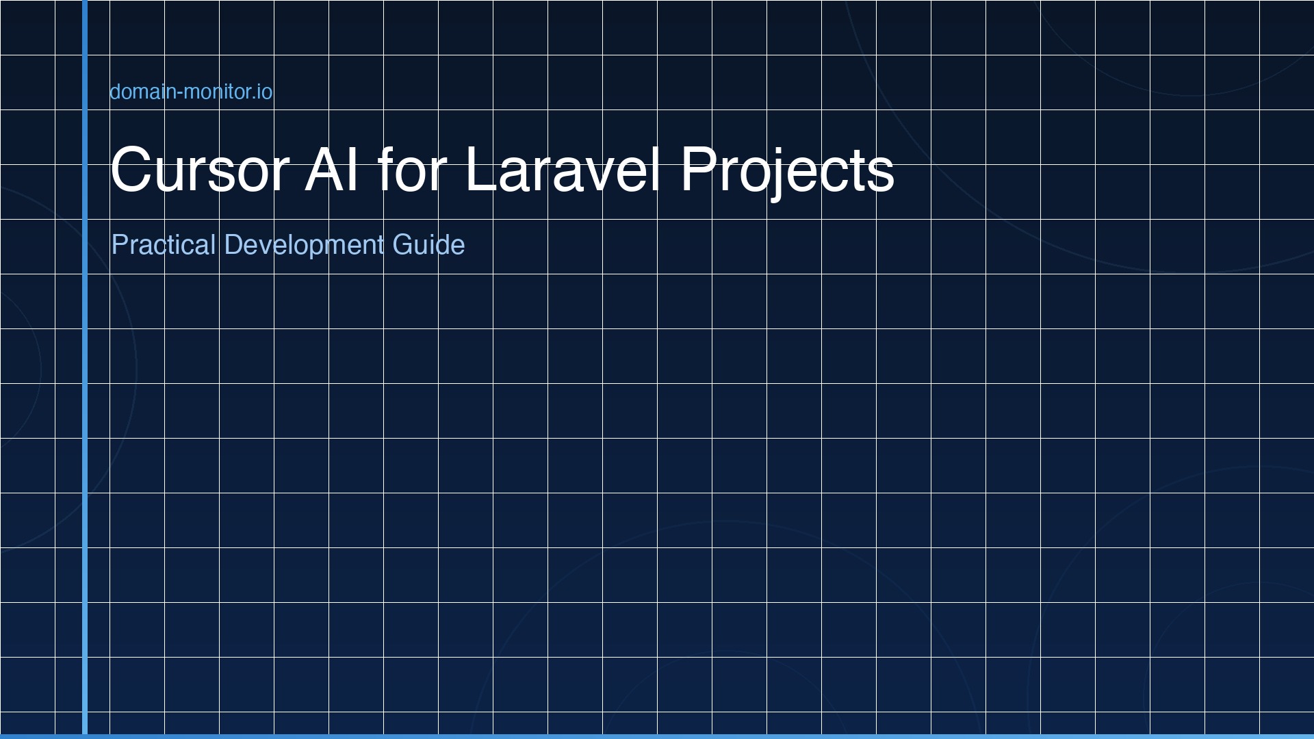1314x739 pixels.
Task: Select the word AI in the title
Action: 331,170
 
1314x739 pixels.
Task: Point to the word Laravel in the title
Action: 563,170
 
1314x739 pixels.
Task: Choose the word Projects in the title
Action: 787,170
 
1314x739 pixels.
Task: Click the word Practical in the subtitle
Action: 164,245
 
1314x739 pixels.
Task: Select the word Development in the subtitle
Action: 304,245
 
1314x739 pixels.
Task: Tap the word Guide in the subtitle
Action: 428,245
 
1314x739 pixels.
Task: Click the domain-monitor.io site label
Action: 191,92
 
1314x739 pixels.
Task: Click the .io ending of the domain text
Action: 263,92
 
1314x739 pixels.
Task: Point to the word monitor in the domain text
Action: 217,92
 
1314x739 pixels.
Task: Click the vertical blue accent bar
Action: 85,369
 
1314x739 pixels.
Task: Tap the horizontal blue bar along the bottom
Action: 657,736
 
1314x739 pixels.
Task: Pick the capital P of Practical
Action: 118,245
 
